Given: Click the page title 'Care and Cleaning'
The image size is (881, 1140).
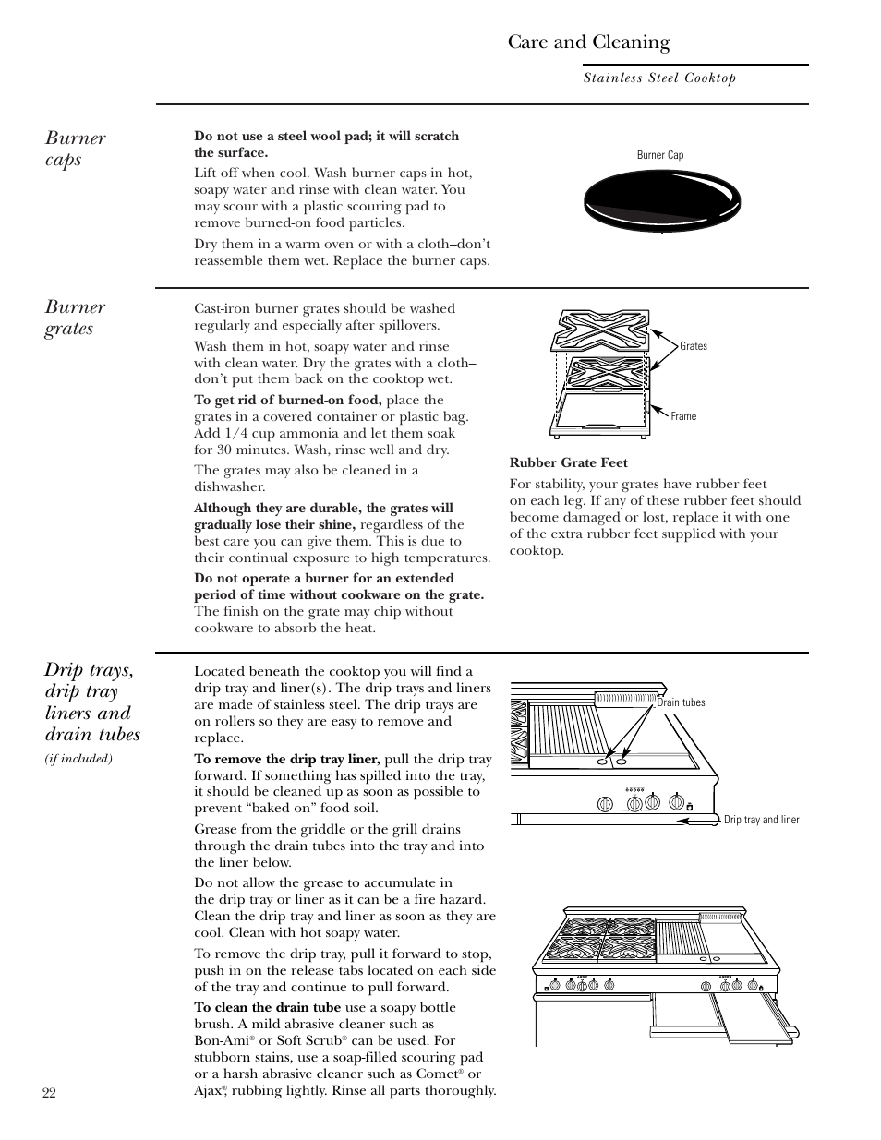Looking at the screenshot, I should pos(588,42).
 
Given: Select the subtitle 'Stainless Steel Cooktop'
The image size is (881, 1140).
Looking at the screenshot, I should pos(659,78).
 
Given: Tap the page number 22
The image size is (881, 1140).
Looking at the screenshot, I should pos(50,1093).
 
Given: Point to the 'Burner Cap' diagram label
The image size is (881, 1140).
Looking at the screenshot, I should pos(660,155).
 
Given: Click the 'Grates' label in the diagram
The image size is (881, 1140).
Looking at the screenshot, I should pos(694,346).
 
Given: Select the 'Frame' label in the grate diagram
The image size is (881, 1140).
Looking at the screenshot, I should pos(683,416).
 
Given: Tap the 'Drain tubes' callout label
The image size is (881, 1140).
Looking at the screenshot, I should pos(681,702).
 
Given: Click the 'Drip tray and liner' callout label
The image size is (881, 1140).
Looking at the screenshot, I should pos(761,820).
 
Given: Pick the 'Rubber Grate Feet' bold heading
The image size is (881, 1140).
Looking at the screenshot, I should pos(568,463).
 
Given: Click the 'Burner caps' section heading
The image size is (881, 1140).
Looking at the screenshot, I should pos(75,149).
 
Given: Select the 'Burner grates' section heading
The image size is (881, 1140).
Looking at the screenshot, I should pos(75,318).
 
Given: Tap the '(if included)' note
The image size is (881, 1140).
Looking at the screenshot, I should pos(78,759).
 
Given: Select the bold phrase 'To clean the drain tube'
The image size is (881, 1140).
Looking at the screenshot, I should pos(267,1007).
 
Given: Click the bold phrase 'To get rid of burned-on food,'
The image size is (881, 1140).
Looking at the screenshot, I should pos(287,400).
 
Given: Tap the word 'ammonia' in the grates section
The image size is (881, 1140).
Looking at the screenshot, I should pos(291,433).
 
